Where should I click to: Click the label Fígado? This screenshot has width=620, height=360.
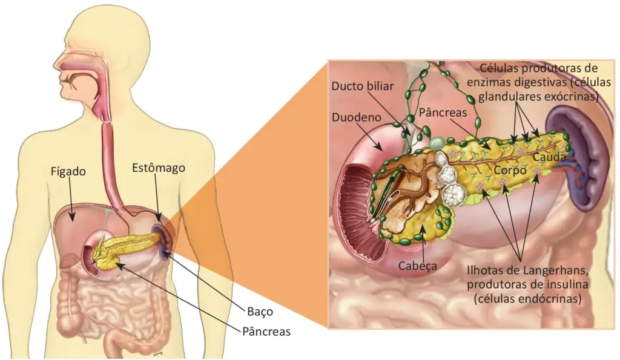[x=68, y=171]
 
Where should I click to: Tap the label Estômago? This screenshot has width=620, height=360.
[x=159, y=168]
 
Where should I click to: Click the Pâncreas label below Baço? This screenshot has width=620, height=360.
[x=266, y=332]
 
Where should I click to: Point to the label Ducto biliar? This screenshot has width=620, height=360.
[x=363, y=86]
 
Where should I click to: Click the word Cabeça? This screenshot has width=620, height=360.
[x=418, y=266]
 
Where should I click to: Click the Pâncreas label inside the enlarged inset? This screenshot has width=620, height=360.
[x=443, y=113]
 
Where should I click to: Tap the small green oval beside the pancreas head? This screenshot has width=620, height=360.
[x=437, y=144]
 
